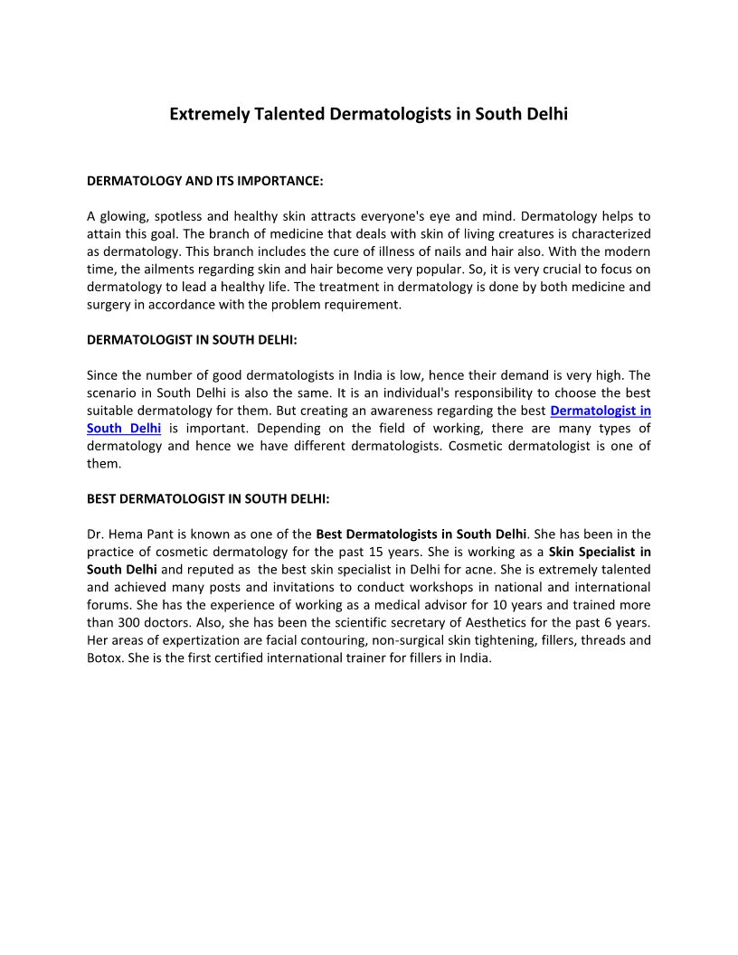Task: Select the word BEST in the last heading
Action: coord(102,498)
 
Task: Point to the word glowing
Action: coord(124,217)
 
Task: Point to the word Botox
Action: coord(105,657)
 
